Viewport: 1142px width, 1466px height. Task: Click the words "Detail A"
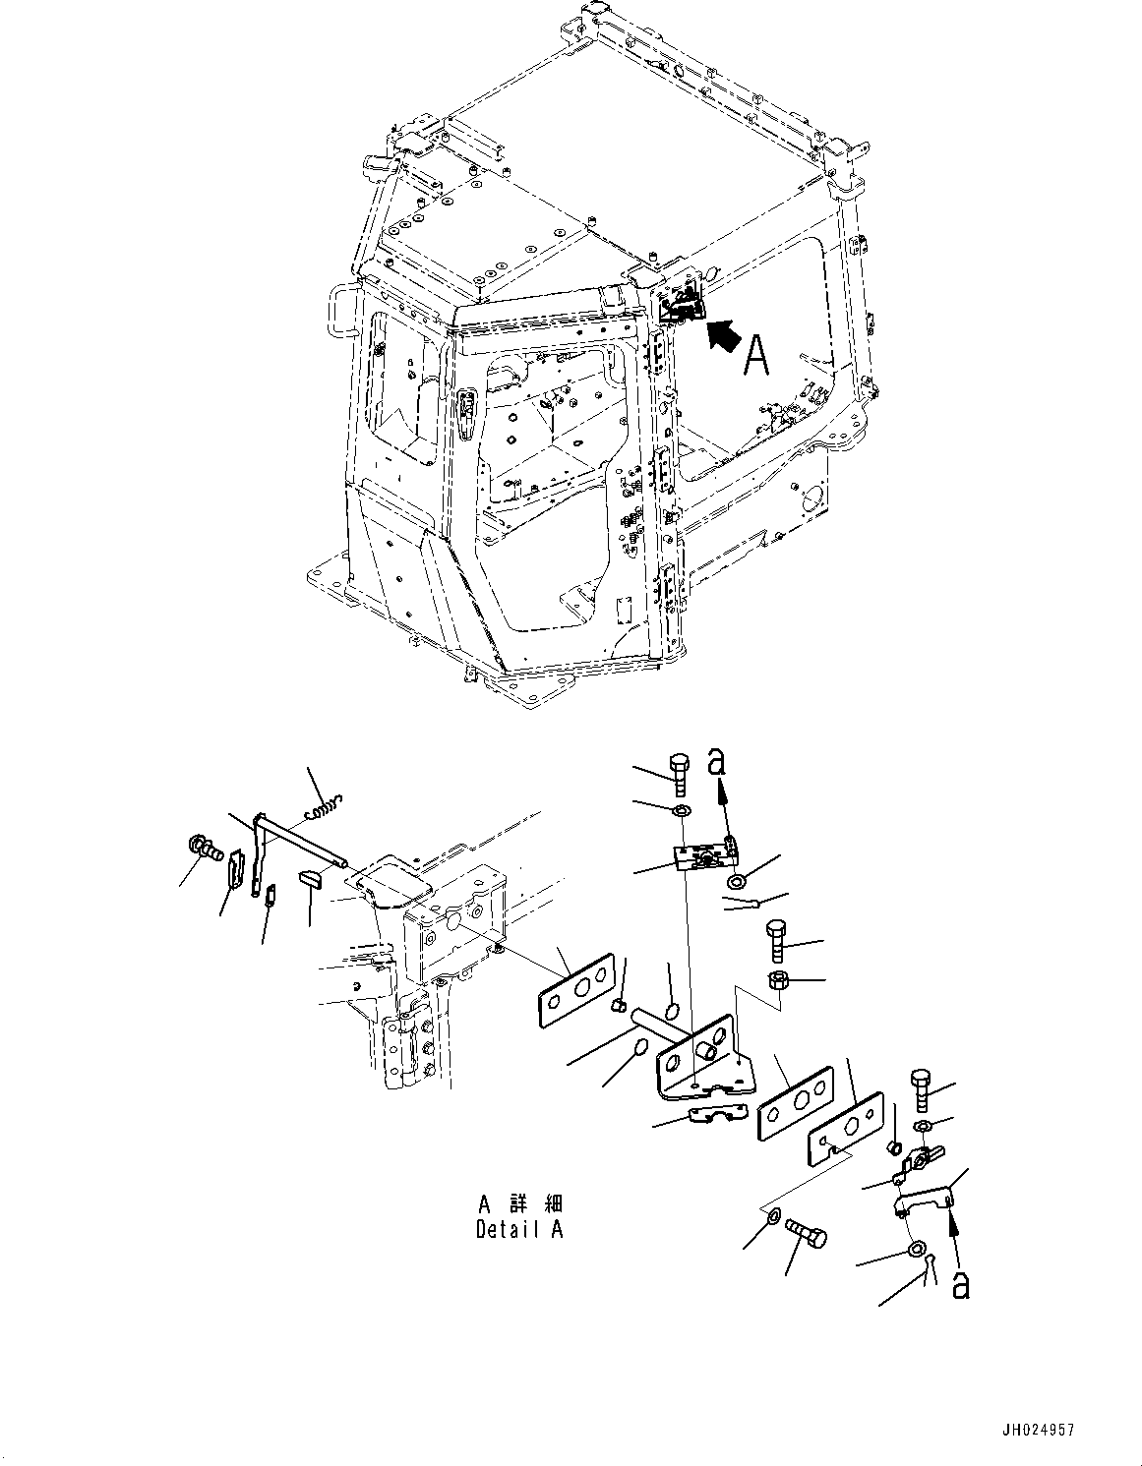click(519, 1229)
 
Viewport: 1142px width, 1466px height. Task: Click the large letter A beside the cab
click(755, 355)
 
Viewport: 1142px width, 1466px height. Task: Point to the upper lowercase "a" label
click(720, 762)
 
